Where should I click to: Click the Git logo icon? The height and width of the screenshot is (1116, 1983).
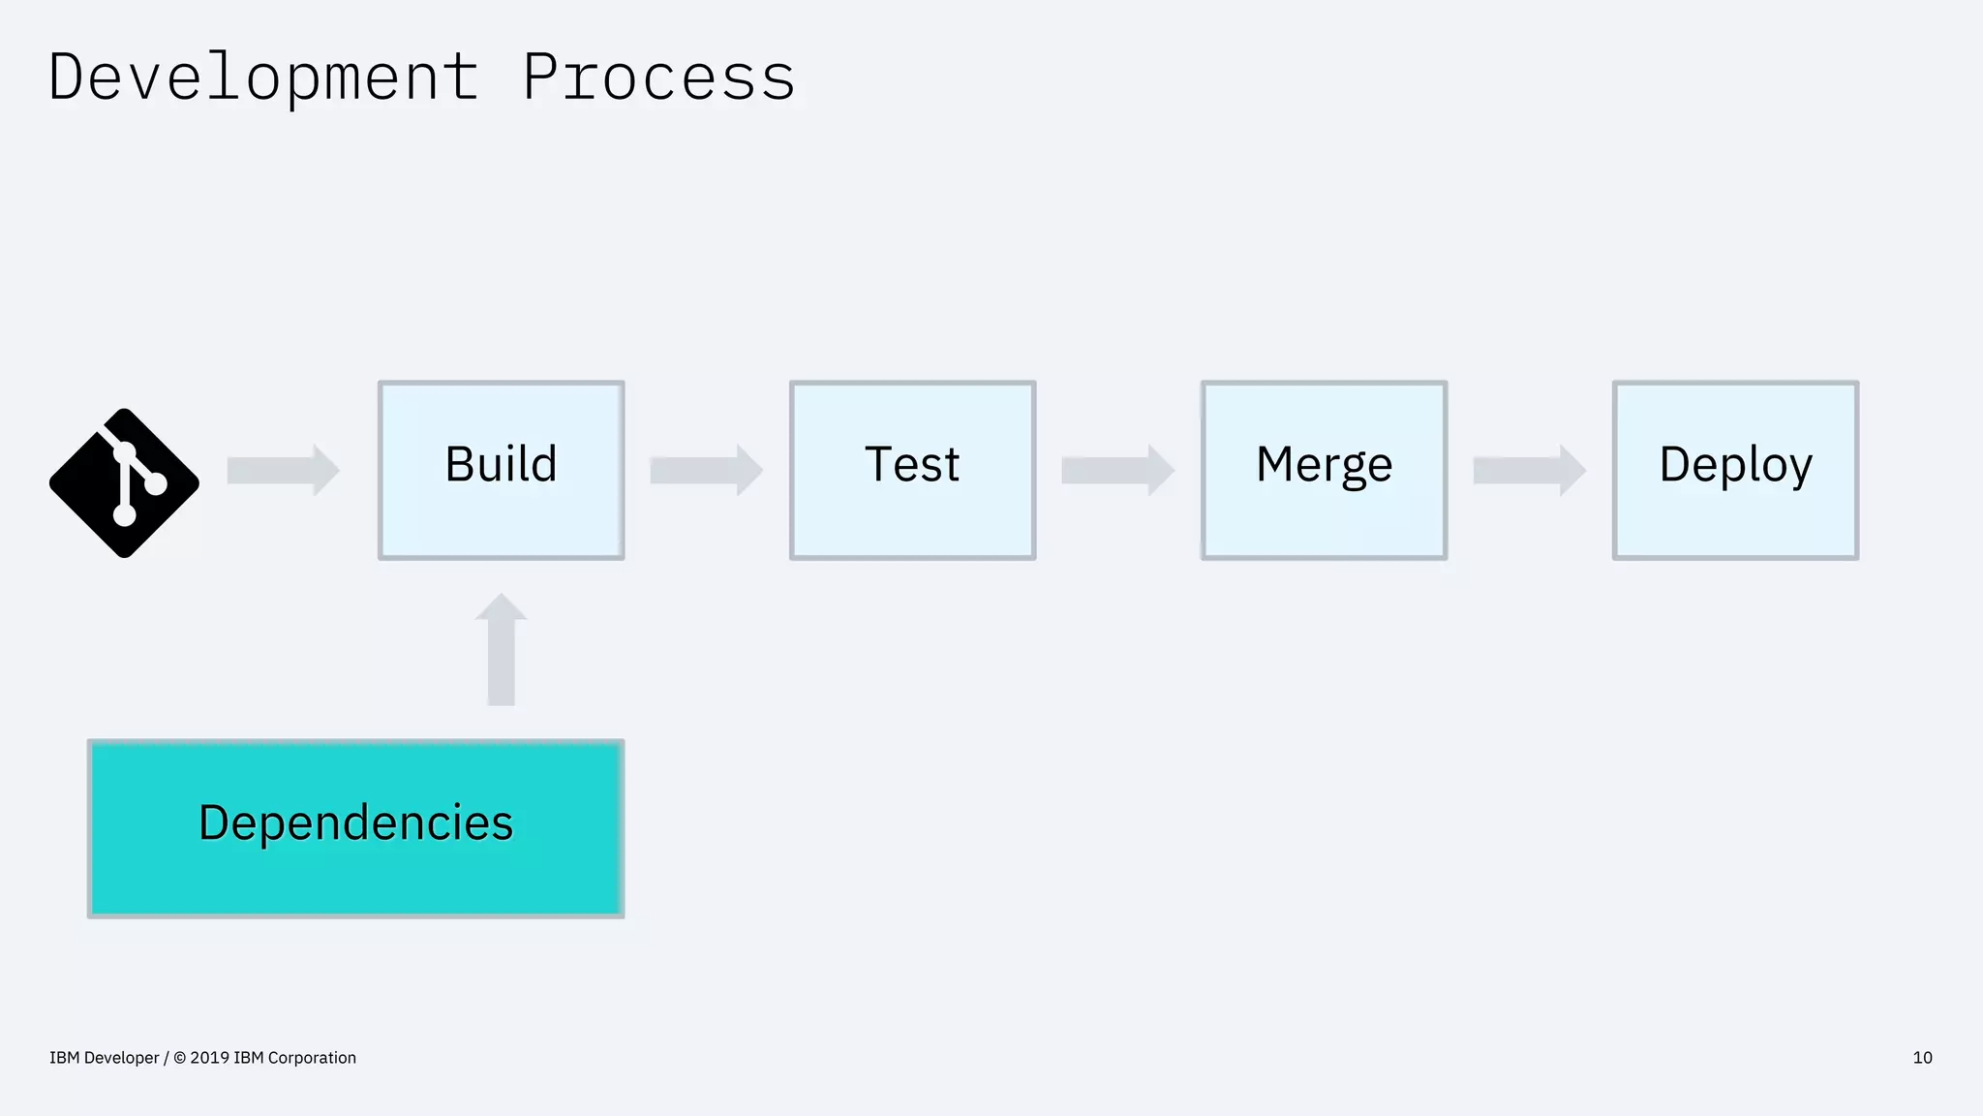click(124, 482)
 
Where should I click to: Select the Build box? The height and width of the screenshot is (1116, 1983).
click(501, 470)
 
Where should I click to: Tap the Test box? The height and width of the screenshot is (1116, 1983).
click(912, 470)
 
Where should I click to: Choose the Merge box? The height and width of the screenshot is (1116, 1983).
click(1324, 470)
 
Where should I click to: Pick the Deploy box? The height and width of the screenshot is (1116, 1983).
click(1735, 470)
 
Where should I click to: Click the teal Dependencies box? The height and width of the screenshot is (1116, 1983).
click(355, 828)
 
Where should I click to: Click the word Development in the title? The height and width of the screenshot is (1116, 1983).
click(263, 77)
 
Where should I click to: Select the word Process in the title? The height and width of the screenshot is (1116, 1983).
click(658, 77)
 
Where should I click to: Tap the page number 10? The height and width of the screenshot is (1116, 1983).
click(1922, 1058)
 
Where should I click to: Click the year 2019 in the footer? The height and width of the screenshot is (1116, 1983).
click(209, 1058)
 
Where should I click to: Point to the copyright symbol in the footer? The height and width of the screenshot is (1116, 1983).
click(179, 1058)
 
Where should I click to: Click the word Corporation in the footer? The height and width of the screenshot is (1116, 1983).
click(312, 1058)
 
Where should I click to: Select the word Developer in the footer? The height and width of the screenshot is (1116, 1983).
click(121, 1058)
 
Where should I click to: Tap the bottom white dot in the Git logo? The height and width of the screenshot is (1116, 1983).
click(124, 514)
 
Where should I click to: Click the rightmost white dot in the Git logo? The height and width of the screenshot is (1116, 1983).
click(156, 483)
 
